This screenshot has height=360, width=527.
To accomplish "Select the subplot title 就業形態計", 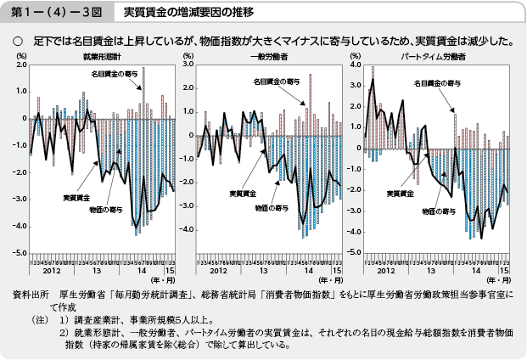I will coord(100,55).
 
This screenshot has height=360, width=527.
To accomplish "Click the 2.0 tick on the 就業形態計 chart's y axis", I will coord(20,65).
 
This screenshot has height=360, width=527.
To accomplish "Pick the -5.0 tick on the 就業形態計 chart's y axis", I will coord(19,253).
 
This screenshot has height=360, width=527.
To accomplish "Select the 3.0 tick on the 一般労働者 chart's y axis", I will coord(189,65).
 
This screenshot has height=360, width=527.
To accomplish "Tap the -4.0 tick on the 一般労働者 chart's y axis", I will coord(188,229).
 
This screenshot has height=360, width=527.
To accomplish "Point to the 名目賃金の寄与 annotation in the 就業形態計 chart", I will coord(115,75).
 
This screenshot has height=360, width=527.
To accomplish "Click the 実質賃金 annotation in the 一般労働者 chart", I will coord(244,194).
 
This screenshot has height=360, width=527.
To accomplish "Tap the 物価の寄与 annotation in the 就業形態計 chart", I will coord(104,207).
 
